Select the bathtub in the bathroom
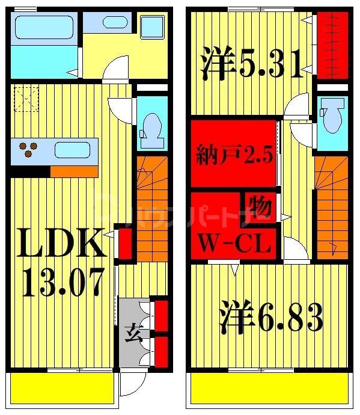(x=42, y=28)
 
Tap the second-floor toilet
(x=331, y=117)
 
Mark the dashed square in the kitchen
(x=26, y=99)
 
